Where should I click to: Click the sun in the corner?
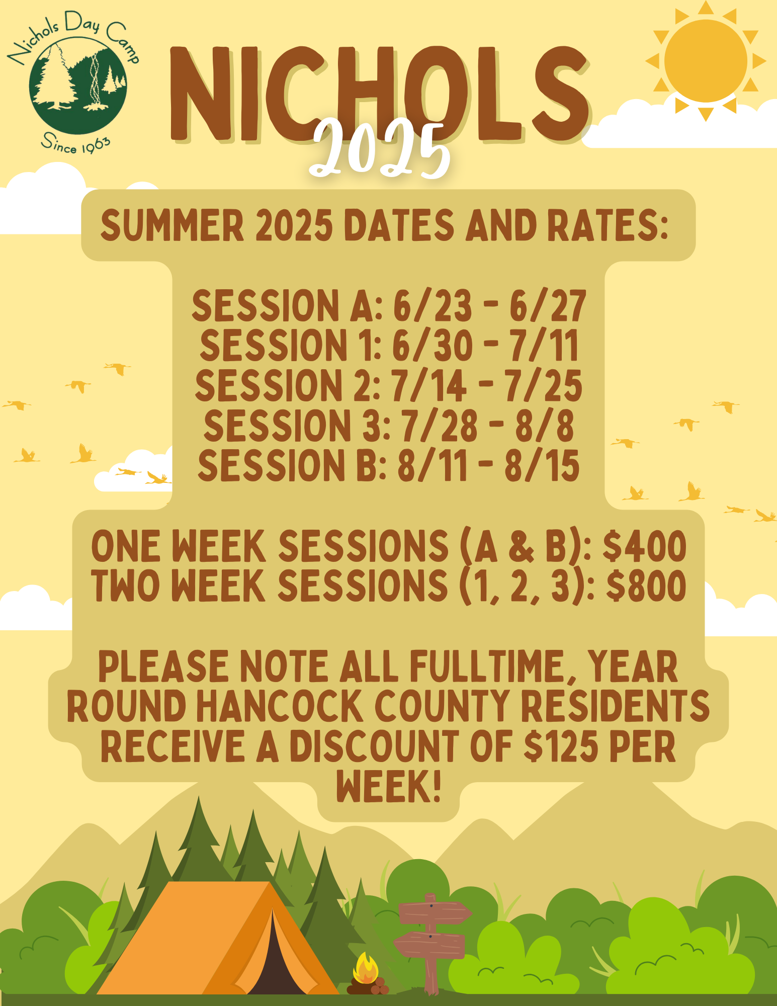coord(706,61)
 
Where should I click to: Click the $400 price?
coord(644,546)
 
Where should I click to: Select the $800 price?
coord(646,586)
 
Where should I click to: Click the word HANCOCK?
coord(279,706)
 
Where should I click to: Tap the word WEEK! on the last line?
coord(389,786)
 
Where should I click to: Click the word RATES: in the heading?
coord(608,225)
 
